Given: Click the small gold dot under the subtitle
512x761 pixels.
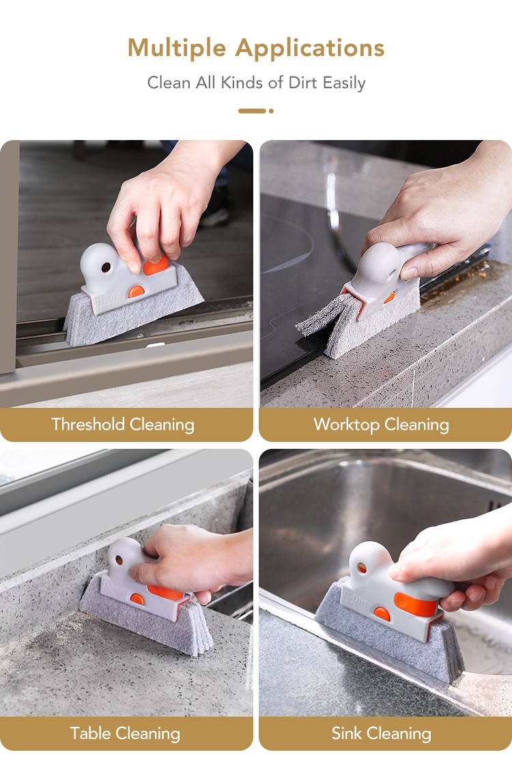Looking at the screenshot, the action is pyautogui.click(x=271, y=111).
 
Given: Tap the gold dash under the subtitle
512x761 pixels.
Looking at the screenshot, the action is pyautogui.click(x=252, y=111).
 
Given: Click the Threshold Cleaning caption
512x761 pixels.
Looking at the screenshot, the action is pyautogui.click(x=123, y=425).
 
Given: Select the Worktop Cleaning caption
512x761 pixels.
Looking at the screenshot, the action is pyautogui.click(x=382, y=425).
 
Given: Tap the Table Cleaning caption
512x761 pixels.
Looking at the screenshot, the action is pyautogui.click(x=125, y=734).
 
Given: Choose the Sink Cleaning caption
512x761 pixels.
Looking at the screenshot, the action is pyautogui.click(x=382, y=734).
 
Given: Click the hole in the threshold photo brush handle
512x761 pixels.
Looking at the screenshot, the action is pyautogui.click(x=106, y=267).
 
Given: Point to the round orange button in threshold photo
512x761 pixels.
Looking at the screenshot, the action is pyautogui.click(x=137, y=292).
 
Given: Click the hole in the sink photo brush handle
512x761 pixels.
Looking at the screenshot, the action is pyautogui.click(x=362, y=567).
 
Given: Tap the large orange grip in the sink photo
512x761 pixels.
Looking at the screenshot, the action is pyautogui.click(x=416, y=604).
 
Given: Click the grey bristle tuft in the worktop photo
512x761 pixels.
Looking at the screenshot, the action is pyautogui.click(x=322, y=316).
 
